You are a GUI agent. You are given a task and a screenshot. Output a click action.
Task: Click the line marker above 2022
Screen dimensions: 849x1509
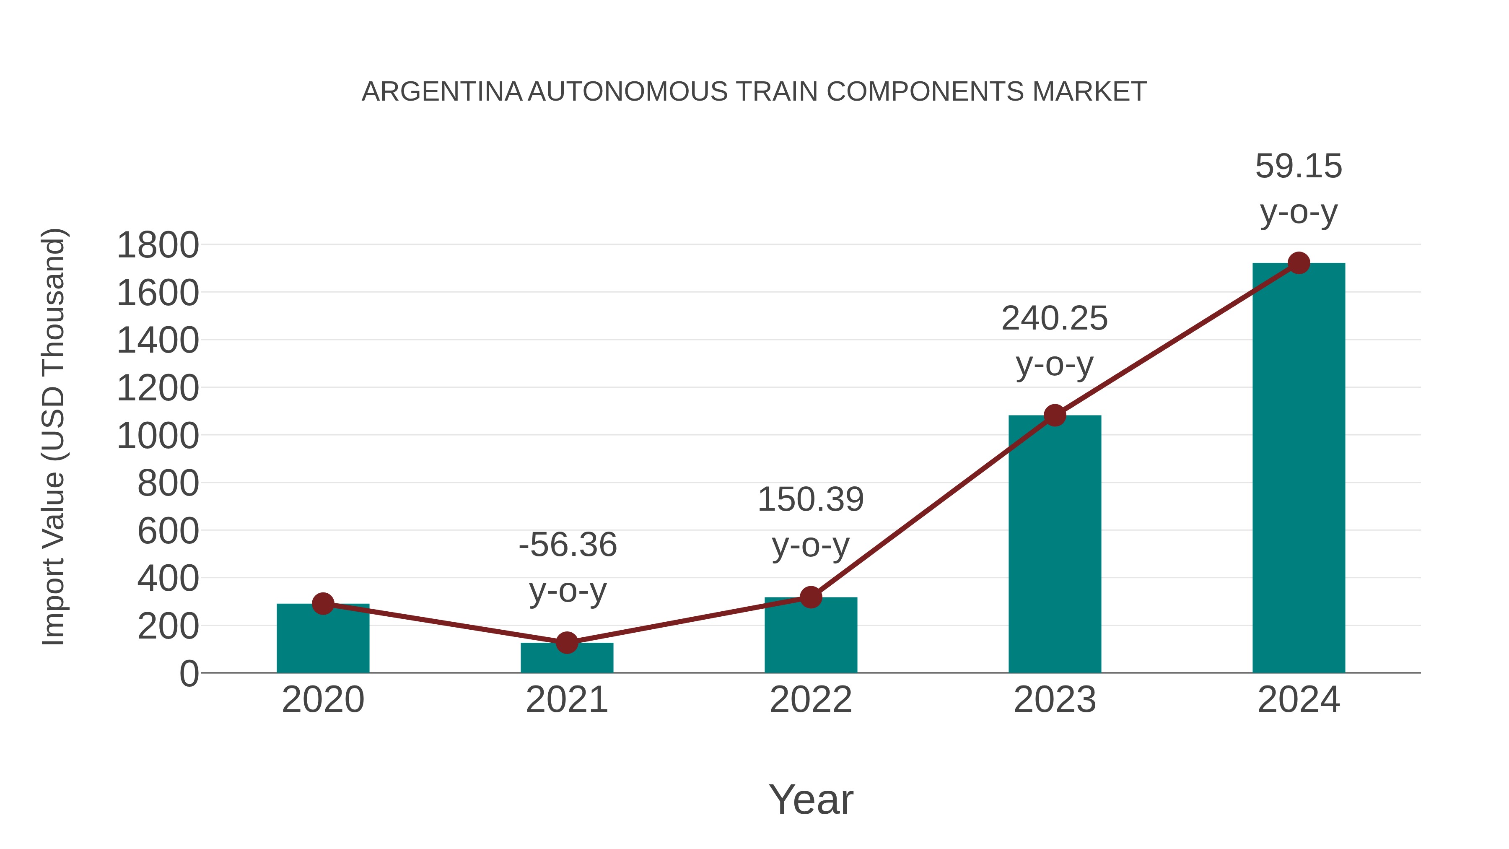tap(811, 597)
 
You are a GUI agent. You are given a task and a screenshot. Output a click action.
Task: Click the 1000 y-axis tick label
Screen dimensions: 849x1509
tap(158, 436)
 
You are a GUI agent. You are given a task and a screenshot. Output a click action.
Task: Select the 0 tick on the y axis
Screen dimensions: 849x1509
tap(189, 674)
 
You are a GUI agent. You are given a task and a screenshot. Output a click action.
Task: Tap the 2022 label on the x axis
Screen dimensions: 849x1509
tap(811, 700)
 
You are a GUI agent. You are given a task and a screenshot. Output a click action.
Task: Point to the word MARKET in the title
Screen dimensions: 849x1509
tap(1089, 92)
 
